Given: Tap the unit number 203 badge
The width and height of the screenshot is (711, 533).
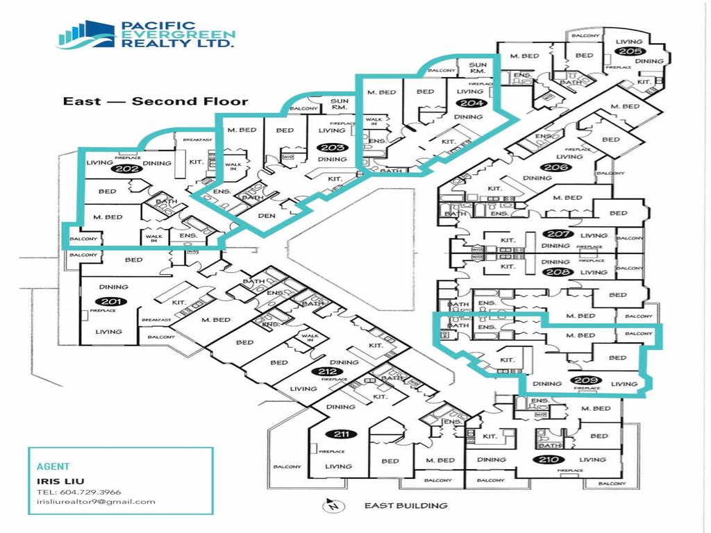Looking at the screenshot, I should [x=328, y=147].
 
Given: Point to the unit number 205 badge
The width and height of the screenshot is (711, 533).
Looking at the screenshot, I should [x=630, y=51].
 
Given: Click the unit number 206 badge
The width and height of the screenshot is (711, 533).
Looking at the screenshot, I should [x=553, y=167].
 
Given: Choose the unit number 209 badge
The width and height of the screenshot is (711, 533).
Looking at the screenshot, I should [x=586, y=380].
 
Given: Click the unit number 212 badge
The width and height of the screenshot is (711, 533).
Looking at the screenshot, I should [x=328, y=372].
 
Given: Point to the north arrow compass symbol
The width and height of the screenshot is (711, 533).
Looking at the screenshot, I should [x=333, y=506].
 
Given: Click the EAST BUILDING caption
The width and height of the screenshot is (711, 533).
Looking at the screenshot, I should [x=406, y=506].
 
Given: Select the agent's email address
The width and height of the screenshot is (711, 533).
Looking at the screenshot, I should [x=96, y=502].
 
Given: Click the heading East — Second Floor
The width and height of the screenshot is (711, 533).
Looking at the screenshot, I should [x=156, y=101].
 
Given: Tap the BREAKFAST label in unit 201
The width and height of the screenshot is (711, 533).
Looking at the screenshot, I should [x=156, y=320].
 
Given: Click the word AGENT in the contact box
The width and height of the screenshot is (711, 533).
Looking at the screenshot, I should [x=53, y=467].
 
